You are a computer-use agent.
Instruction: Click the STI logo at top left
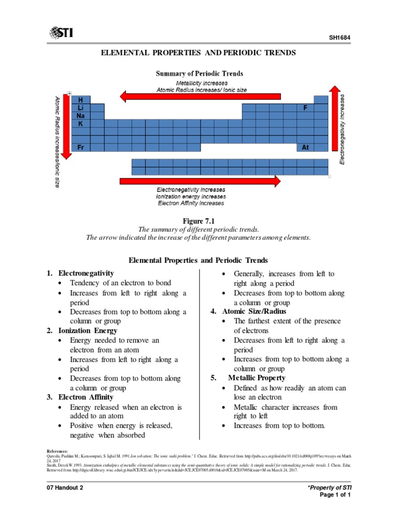[x=61, y=34]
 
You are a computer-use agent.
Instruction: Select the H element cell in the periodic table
[x=80, y=99]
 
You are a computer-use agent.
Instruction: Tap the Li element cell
[x=81, y=107]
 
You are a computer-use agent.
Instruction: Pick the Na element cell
[x=81, y=116]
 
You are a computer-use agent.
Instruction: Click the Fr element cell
[x=81, y=147]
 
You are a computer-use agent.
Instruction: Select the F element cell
[x=306, y=108]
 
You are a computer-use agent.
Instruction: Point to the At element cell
[x=306, y=147]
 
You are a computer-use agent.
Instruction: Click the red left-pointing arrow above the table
[x=200, y=96]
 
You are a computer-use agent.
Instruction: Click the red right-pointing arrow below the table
[x=200, y=180]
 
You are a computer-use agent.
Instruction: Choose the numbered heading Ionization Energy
[x=88, y=330]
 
